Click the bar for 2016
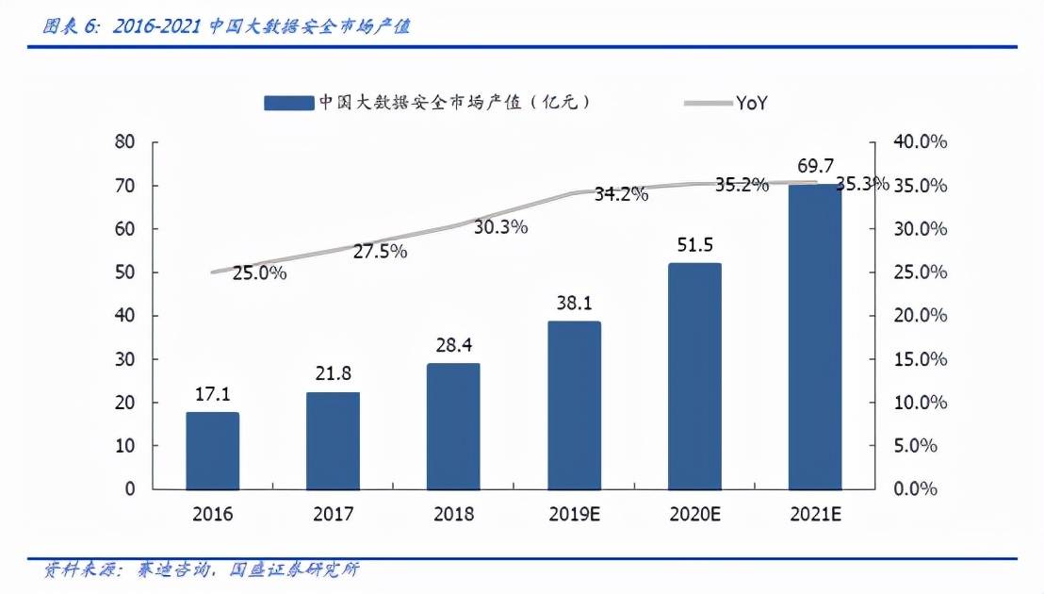coord(212,450)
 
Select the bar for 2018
coord(453,425)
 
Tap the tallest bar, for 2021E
coord(814,336)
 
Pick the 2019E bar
coord(574,404)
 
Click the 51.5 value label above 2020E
coord(694,246)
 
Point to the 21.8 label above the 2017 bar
coord(333,375)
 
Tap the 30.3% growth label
coord(500,227)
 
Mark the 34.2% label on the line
coord(621,195)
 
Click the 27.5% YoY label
coord(380,252)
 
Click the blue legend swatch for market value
coord(288,103)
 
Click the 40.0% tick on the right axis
coord(920,142)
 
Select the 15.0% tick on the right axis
coord(920,359)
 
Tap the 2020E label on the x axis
coord(693,515)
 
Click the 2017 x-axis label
coord(333,515)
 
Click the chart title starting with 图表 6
coord(226,27)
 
